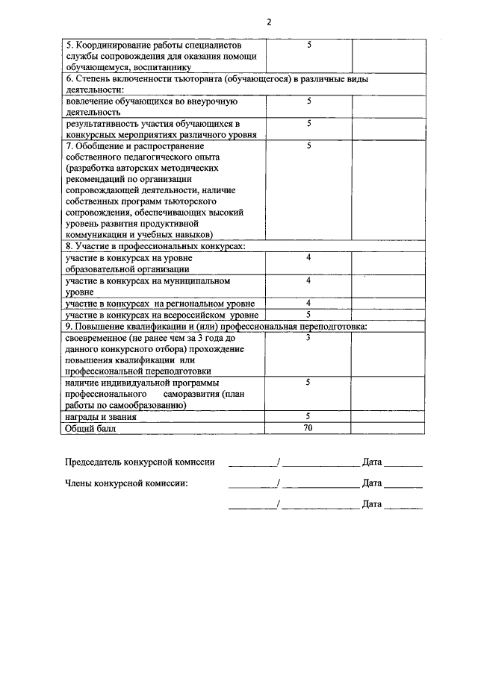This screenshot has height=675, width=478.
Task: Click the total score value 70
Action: tap(308, 429)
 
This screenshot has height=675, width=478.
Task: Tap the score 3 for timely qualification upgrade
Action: tap(308, 338)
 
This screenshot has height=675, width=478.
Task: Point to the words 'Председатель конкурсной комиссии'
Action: tap(140, 462)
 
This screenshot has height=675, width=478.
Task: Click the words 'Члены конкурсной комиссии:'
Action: tap(127, 483)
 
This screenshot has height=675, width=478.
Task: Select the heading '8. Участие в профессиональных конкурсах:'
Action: tap(155, 246)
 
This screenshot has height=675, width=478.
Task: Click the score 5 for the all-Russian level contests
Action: tap(308, 315)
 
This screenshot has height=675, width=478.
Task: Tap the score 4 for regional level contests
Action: tap(308, 304)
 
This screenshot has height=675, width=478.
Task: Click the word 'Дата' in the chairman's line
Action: tap(372, 462)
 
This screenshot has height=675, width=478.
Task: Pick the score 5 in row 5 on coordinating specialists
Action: tap(308, 45)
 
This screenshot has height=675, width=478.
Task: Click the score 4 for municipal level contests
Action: tap(308, 281)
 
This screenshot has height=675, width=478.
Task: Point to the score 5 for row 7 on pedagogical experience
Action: tap(308, 146)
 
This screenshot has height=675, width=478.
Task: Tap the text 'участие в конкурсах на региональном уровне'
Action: tap(160, 304)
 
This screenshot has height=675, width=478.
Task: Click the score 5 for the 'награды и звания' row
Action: tap(308, 417)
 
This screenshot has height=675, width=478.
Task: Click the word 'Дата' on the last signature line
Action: tap(372, 504)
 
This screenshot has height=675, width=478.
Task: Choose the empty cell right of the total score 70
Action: tap(388, 429)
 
